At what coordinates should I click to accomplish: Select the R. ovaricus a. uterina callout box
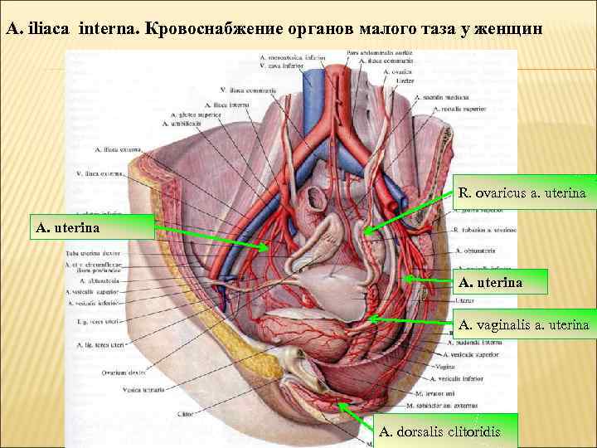[x=522, y=192]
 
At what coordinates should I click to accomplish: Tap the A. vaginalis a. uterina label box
[x=523, y=324]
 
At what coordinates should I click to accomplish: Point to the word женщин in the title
[x=512, y=28]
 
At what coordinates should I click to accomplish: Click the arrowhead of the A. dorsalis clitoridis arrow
[x=341, y=403]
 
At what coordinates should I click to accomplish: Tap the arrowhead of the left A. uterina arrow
[x=267, y=247]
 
